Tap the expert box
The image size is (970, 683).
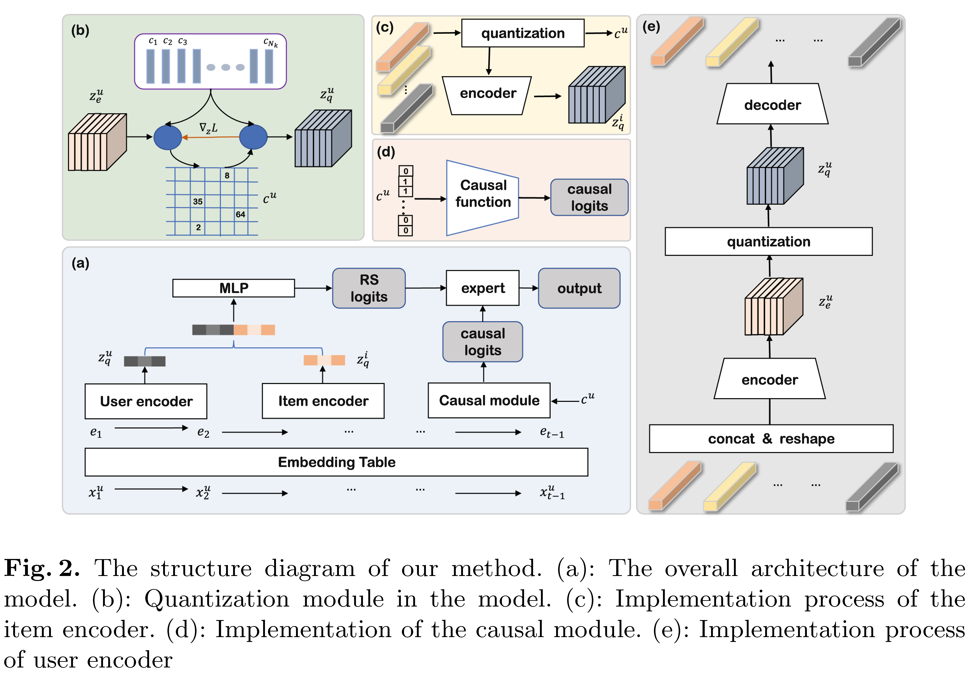click(x=482, y=288)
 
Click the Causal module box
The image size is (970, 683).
click(x=489, y=400)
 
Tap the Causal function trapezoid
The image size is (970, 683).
click(x=482, y=198)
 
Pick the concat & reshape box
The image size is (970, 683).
click(x=771, y=439)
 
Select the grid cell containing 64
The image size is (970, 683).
click(x=240, y=215)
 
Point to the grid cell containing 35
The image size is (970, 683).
click(x=198, y=202)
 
